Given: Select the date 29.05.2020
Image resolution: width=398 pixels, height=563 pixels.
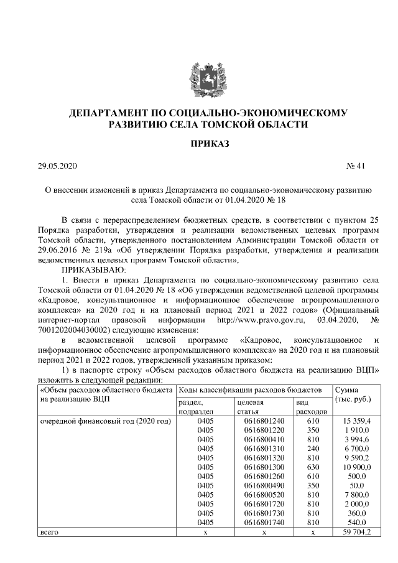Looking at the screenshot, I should pyautogui.click(x=57, y=166).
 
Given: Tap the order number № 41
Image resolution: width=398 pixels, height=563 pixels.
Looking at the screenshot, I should pyautogui.click(x=356, y=166).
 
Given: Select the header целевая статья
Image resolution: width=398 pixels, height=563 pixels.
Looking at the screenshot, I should pyautogui.click(x=251, y=407).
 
